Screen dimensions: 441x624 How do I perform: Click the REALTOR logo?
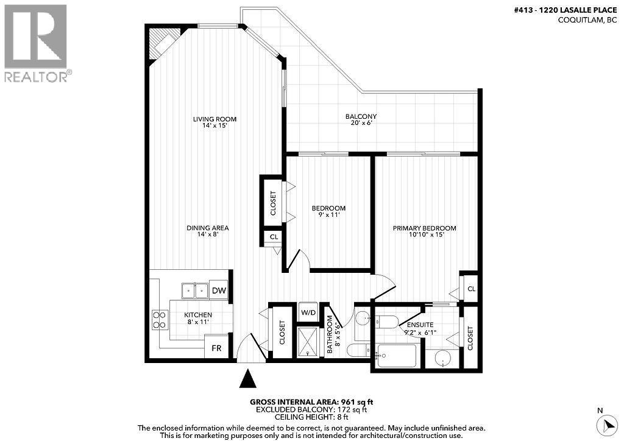pyautogui.click(x=36, y=43)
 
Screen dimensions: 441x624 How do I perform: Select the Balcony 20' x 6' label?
pyautogui.click(x=361, y=119)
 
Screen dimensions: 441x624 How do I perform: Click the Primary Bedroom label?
pyautogui.click(x=424, y=231)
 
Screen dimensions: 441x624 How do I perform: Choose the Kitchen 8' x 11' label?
pyautogui.click(x=198, y=318)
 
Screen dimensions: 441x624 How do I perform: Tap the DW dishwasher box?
pyautogui.click(x=219, y=291)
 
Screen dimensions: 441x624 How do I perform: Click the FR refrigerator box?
pyautogui.click(x=216, y=349)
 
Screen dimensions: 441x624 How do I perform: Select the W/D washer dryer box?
pyautogui.click(x=309, y=313)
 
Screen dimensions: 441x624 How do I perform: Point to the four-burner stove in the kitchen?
pyautogui.click(x=160, y=320)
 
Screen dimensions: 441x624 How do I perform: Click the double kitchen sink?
pyautogui.click(x=194, y=291)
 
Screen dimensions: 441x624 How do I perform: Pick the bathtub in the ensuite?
pyautogui.click(x=396, y=356)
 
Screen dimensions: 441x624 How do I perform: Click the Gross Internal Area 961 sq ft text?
pyautogui.click(x=311, y=402)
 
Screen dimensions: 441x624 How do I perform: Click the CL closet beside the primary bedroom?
pyautogui.click(x=470, y=288)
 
